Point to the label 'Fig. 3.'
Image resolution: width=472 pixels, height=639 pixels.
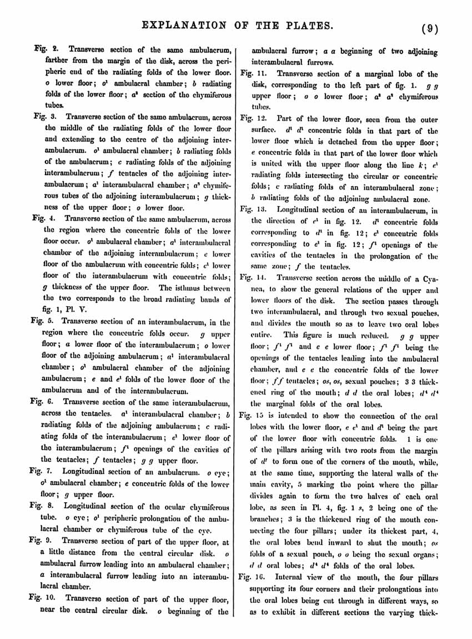point(44,117)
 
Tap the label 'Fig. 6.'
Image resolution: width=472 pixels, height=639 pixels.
point(43,401)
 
